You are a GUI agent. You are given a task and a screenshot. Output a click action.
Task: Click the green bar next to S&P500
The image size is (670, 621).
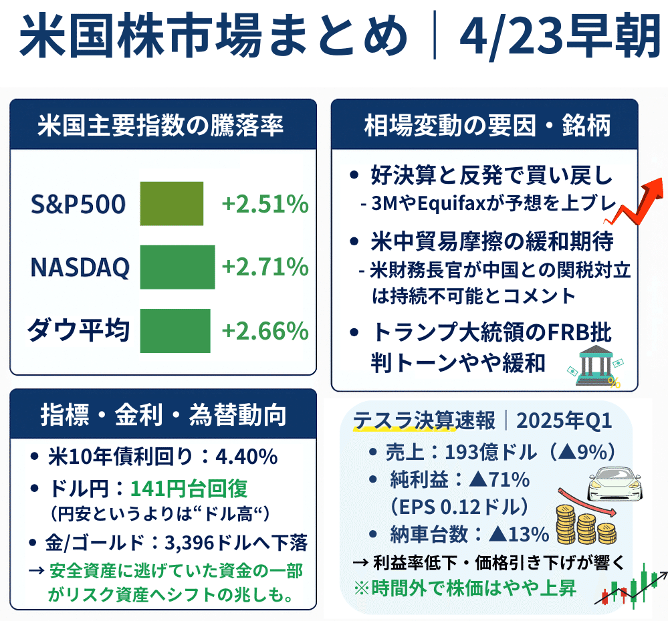171,203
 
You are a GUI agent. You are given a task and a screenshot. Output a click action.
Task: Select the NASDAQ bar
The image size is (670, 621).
177,267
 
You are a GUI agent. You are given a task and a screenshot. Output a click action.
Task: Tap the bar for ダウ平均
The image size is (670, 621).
175,330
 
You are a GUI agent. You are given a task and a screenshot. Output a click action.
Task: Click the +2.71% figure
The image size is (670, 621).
265,267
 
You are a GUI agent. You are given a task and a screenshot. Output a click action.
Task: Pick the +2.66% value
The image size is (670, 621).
265,331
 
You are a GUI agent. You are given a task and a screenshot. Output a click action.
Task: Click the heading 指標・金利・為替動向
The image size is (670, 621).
163,414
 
